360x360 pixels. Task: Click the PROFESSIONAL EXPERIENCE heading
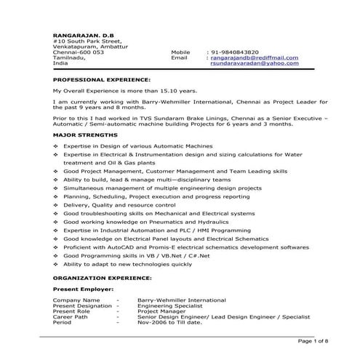point(102,78)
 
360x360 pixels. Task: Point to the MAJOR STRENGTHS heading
point(85,136)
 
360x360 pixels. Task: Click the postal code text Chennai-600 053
point(78,52)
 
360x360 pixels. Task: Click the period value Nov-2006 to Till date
point(168,323)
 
